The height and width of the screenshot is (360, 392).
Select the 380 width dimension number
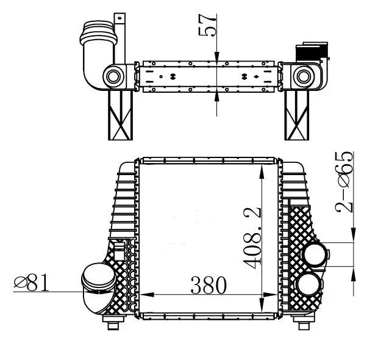pos(208,284)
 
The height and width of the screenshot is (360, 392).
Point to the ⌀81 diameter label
pos(30,282)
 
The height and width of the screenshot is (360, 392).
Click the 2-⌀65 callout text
pos(346,181)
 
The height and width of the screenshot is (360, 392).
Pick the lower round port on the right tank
pos(308,284)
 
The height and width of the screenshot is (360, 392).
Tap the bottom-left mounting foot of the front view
pos(113,323)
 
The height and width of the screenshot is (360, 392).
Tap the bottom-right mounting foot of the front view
pos(302,323)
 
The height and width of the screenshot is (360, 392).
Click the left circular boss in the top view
pos(113,77)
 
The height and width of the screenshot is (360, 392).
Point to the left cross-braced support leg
pos(120,116)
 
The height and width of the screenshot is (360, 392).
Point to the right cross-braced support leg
pos(298,116)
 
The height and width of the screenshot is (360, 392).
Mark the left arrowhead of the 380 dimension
pos(145,295)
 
